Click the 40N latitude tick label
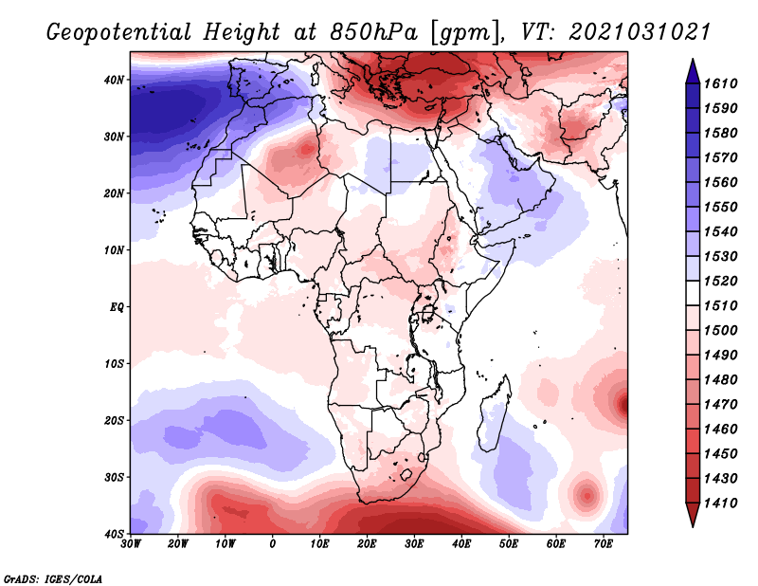[x=114, y=80]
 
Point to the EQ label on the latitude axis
[x=117, y=307]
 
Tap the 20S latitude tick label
[x=114, y=420]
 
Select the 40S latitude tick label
[x=114, y=534]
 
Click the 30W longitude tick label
[x=131, y=544]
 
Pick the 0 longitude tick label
[x=273, y=544]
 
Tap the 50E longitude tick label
[x=509, y=544]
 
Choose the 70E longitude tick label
[x=604, y=544]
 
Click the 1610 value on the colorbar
[x=720, y=83]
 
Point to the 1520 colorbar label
[x=720, y=281]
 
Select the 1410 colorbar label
[x=720, y=504]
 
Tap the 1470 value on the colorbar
[x=720, y=405]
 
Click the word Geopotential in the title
[x=119, y=32]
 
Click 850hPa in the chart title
[x=373, y=32]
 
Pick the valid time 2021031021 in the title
[x=639, y=31]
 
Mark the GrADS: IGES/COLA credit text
[x=53, y=578]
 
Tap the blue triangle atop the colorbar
[x=693, y=71]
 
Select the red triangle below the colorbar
[x=693, y=515]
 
